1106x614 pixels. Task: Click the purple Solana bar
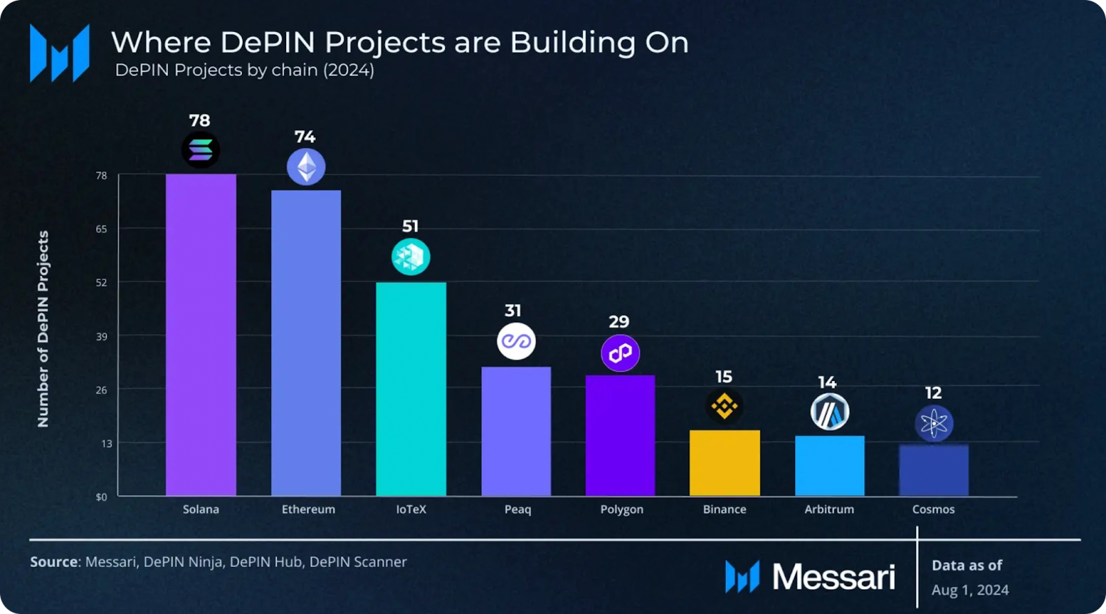[x=200, y=335]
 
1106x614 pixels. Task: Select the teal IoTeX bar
[x=411, y=389]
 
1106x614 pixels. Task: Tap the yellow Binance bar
[x=724, y=463]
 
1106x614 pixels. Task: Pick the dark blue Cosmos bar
[x=933, y=470]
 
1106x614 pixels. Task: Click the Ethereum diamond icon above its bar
[x=306, y=167]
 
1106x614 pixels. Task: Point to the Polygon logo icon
[x=620, y=353]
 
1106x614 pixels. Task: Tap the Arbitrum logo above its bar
[x=829, y=412]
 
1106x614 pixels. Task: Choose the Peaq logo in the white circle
[x=516, y=341]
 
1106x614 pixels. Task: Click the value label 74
[x=305, y=137]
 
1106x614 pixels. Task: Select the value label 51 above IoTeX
[x=411, y=226]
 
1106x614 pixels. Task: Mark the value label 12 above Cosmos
[x=933, y=393]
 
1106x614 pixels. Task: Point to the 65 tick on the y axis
[x=102, y=229]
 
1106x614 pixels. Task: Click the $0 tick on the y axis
[x=102, y=496]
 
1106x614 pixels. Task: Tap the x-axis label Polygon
[x=621, y=510]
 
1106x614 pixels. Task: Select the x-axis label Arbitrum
[x=829, y=510]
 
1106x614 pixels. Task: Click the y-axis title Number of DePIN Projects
[x=43, y=328]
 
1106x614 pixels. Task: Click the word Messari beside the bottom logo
[x=833, y=577]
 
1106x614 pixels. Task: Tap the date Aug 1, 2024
[x=970, y=590]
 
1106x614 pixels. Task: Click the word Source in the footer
[x=54, y=561]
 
